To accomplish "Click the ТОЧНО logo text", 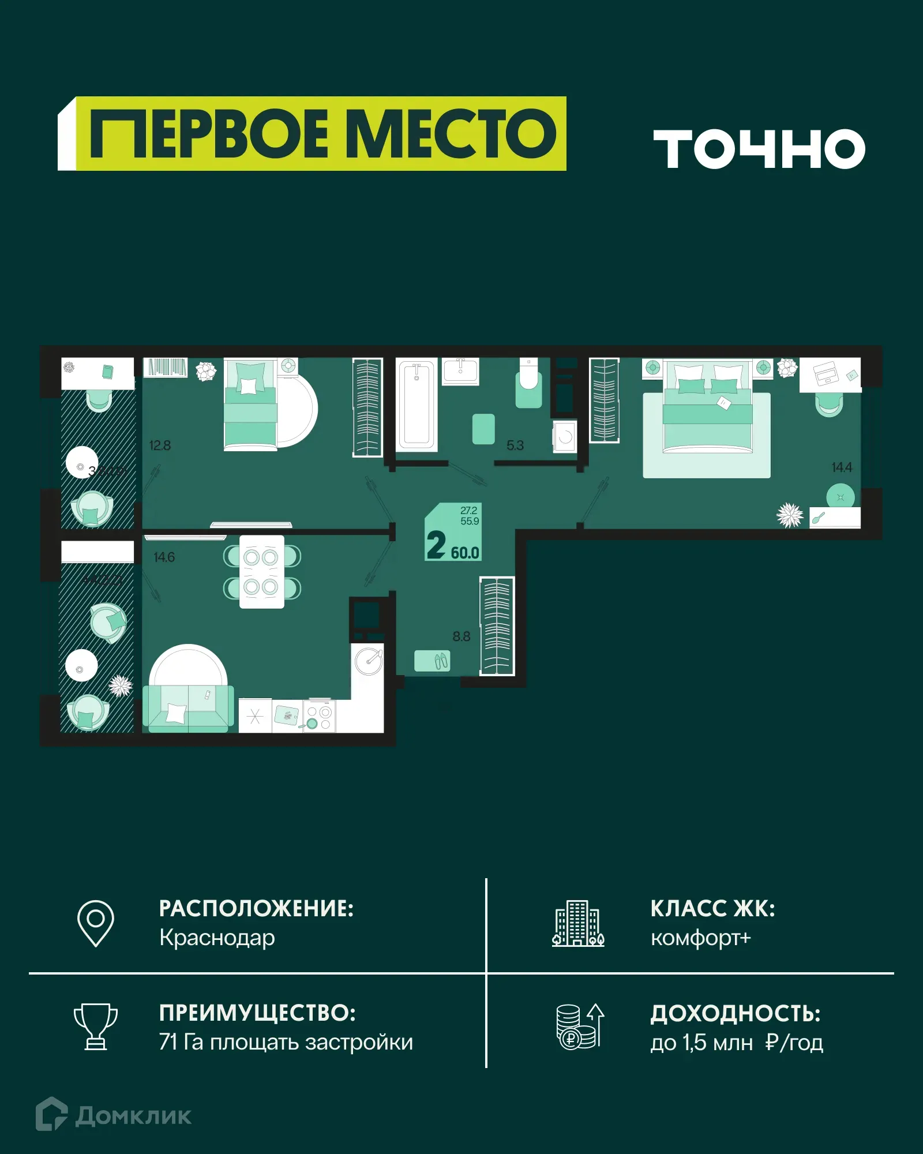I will (759, 149).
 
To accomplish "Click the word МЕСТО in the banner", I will (453, 134).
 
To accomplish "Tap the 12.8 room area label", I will (160, 445).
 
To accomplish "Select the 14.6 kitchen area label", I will (164, 557).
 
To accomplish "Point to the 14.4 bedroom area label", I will (842, 467).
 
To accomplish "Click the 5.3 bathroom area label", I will (515, 445).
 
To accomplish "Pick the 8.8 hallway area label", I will (461, 636).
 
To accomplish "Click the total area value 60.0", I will (465, 553).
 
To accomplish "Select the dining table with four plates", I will (262, 572).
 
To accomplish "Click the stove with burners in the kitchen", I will (319, 717).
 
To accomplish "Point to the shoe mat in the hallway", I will (433, 661).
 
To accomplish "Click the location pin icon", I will (96, 923).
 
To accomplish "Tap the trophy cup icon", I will (96, 1026).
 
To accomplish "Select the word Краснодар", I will (217, 938).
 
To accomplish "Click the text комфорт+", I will (700, 938).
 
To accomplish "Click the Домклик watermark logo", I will (114, 1115).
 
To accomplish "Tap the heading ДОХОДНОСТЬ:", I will (735, 1014).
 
